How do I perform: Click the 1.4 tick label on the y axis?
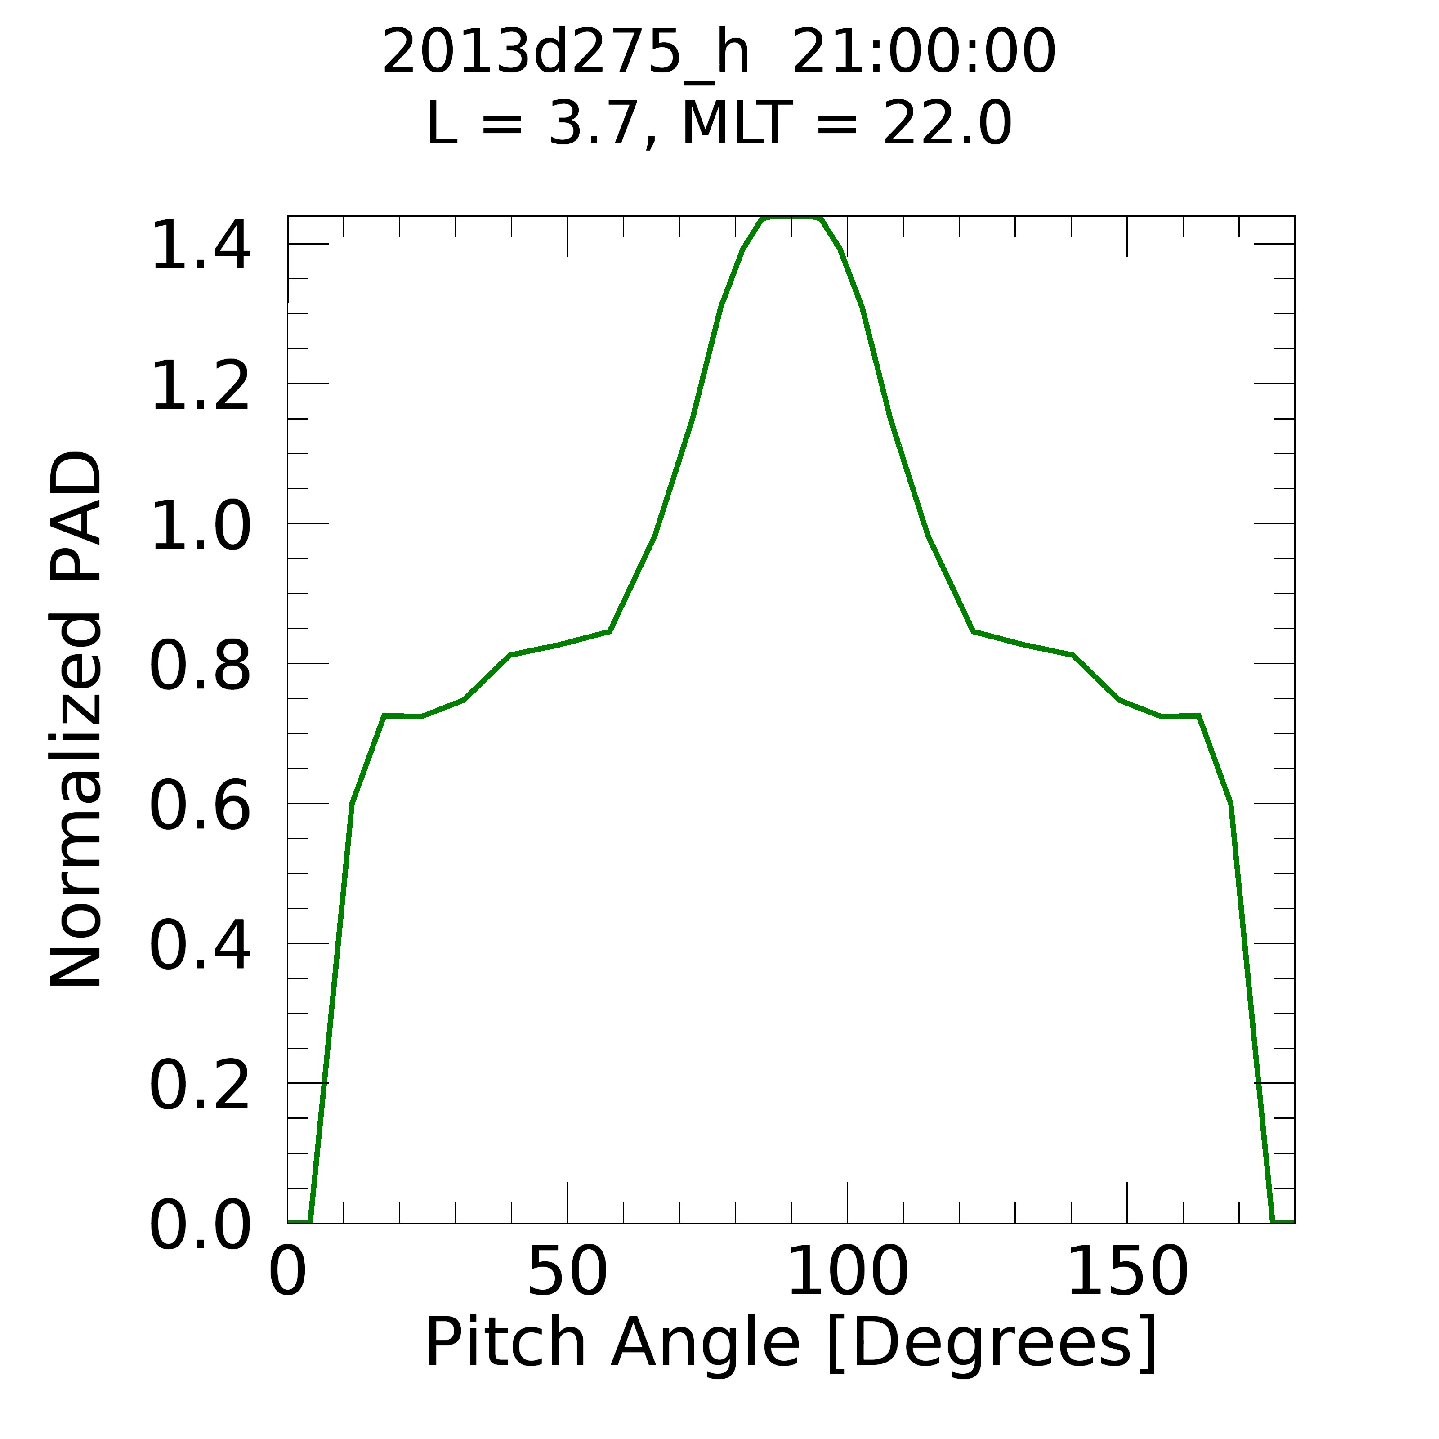(200, 246)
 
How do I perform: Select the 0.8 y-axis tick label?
(200, 666)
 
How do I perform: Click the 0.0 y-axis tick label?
(200, 1225)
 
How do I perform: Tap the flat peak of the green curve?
(791, 218)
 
